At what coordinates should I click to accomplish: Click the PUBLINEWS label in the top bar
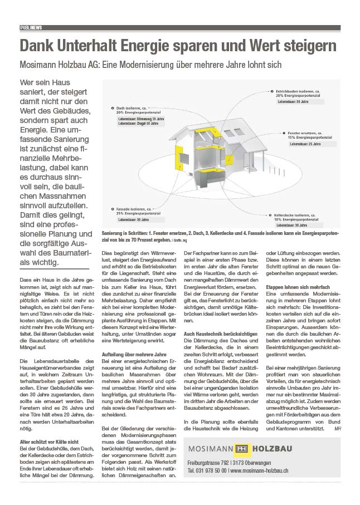pos(31,27)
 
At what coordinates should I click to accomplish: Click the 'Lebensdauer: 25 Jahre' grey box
pos(305,144)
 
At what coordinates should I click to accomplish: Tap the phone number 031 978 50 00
pos(207,470)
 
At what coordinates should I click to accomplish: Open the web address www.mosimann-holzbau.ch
pos(259,470)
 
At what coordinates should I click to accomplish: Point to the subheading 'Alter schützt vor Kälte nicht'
pos(46,442)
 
